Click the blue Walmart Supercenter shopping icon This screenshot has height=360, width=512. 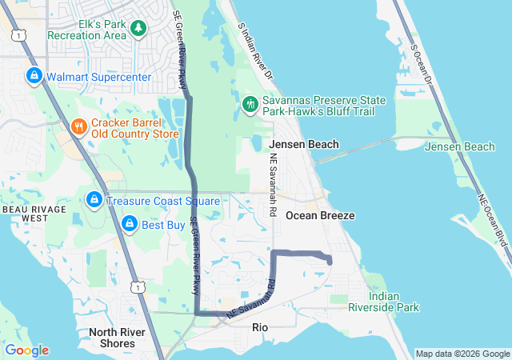click(x=34, y=77)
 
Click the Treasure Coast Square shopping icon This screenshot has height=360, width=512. click(x=94, y=198)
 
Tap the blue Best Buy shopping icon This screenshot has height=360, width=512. click(x=128, y=226)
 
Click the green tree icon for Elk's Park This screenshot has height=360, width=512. click(x=139, y=29)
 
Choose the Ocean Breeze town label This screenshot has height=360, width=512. click(x=320, y=216)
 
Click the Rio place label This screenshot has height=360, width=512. click(x=260, y=327)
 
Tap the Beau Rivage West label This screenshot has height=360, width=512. click(x=25, y=213)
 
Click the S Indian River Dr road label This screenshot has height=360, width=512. click(x=255, y=50)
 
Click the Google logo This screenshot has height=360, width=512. click(x=26, y=350)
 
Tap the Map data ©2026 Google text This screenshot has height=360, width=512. click(x=462, y=354)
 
